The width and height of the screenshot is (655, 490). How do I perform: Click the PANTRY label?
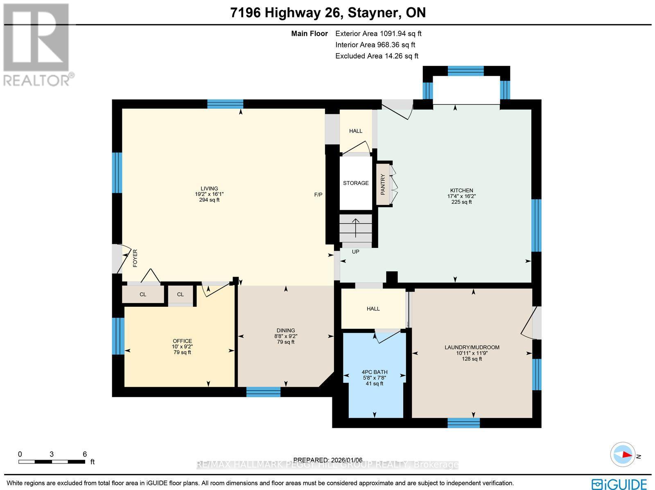[x=383, y=184]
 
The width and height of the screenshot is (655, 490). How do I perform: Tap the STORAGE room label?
[x=356, y=183]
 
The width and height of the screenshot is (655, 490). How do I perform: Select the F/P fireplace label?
[x=318, y=195]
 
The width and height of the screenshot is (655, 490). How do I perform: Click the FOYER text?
[x=135, y=258]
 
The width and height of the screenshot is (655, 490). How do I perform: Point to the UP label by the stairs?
[x=355, y=252]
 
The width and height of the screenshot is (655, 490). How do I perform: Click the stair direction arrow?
[x=355, y=228]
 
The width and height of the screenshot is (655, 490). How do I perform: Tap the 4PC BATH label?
[x=375, y=372]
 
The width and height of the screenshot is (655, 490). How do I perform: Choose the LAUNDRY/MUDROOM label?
[x=472, y=347]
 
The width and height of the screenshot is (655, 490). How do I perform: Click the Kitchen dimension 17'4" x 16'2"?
[x=461, y=196]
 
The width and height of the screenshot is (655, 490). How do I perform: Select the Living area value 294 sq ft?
[x=209, y=200]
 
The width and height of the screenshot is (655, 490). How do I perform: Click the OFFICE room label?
[x=182, y=341]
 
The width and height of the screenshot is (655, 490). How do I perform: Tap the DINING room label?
[x=286, y=330]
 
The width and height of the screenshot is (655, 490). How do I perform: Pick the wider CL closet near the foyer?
[x=142, y=294]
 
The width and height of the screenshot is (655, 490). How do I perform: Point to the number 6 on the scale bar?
[x=85, y=454]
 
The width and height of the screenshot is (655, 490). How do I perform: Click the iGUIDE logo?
[x=619, y=484]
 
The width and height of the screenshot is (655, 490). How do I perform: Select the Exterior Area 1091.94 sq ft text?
[x=378, y=34]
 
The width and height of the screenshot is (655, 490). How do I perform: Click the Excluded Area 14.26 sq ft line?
[x=377, y=56]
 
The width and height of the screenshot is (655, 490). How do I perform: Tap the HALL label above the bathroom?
[x=373, y=309]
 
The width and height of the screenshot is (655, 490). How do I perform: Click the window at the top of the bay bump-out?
[x=465, y=71]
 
